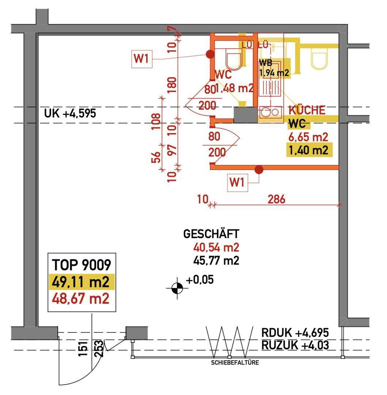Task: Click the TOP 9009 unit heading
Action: pyautogui.click(x=81, y=264)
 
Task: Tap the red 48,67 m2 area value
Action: pyautogui.click(x=81, y=299)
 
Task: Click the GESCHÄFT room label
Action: pyautogui.click(x=211, y=234)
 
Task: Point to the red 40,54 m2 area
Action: pyautogui.click(x=216, y=248)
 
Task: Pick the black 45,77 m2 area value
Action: pyautogui.click(x=216, y=261)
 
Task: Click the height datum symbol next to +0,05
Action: pyautogui.click(x=177, y=289)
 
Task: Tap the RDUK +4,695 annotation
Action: pyautogui.click(x=295, y=333)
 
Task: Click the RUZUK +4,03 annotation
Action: pyautogui.click(x=295, y=345)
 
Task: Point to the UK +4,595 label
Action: pyautogui.click(x=70, y=113)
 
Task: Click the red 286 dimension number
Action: pyautogui.click(x=276, y=199)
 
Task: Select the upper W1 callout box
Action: pyautogui.click(x=142, y=59)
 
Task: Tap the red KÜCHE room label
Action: pyautogui.click(x=307, y=110)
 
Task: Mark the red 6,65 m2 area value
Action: pyautogui.click(x=308, y=137)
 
